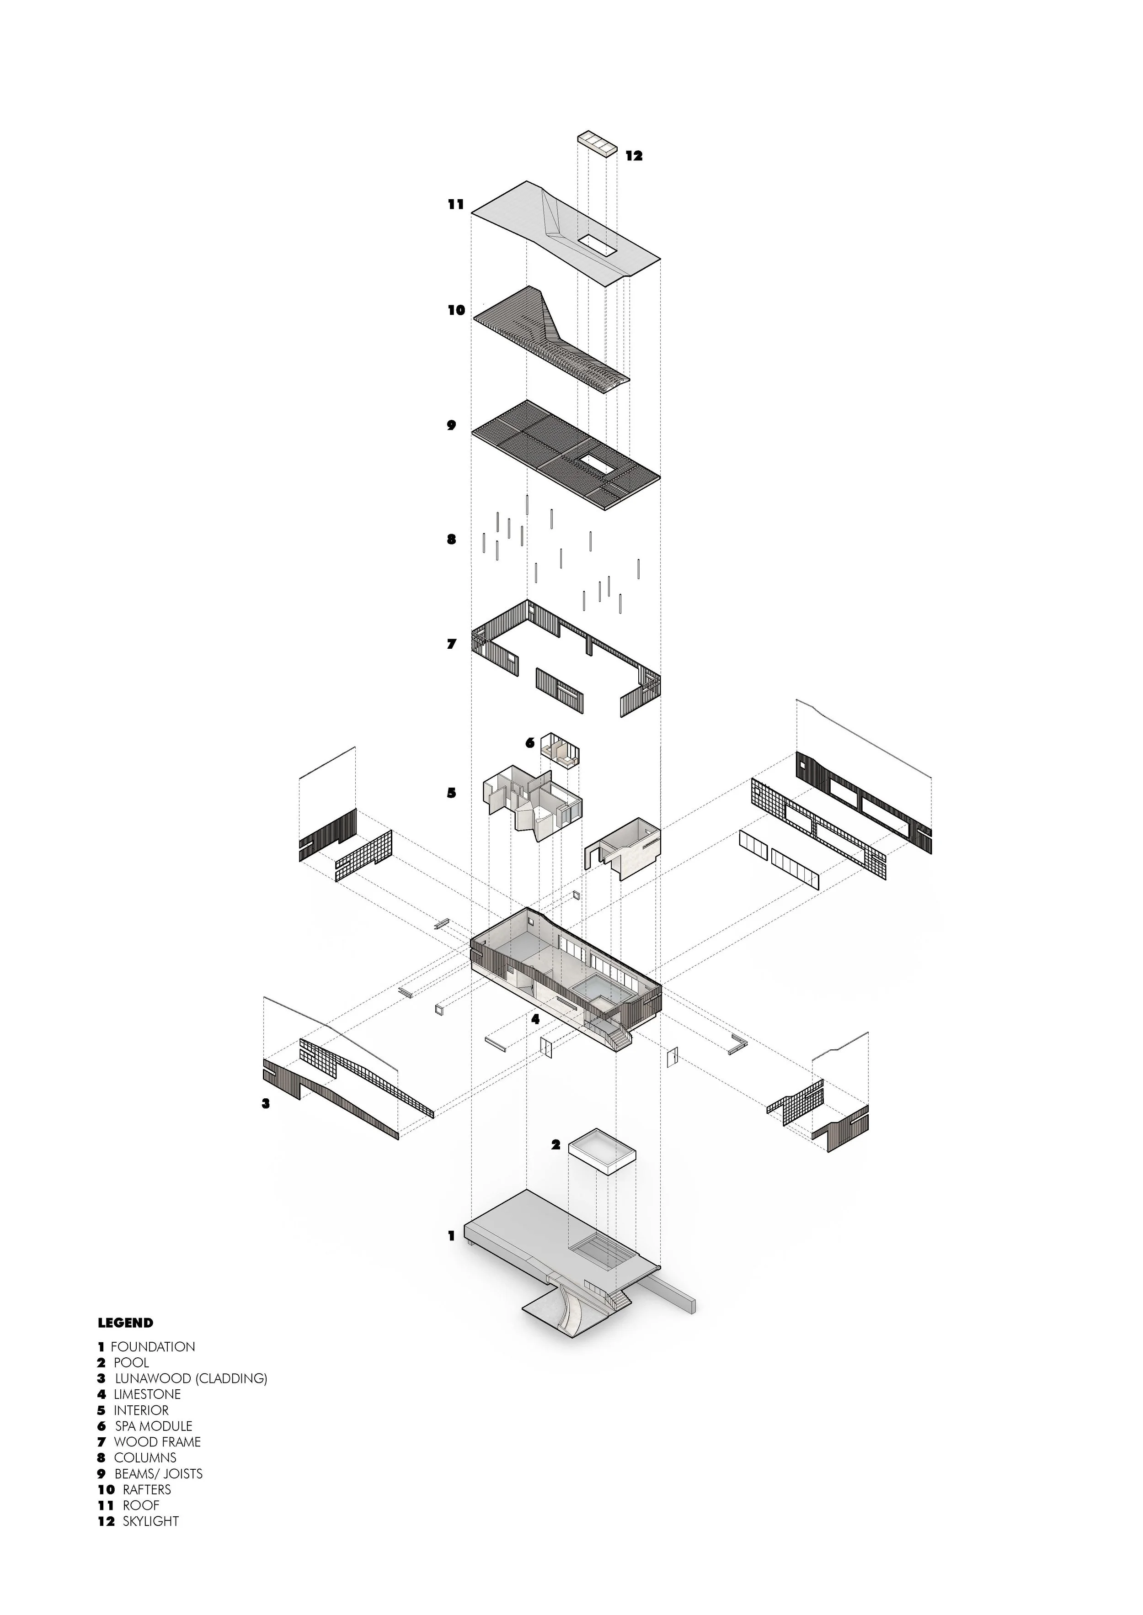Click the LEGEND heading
coord(125,1323)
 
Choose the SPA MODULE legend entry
coord(154,1426)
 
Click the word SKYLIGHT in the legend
coord(150,1521)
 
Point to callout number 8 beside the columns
coord(452,540)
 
